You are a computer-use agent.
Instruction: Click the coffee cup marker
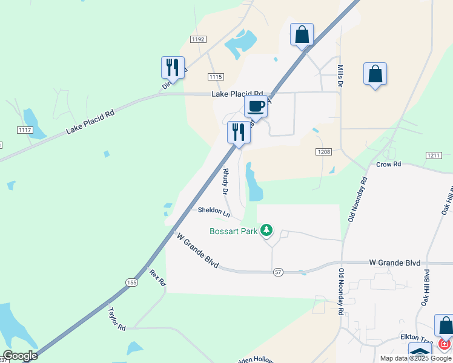pos(256,107)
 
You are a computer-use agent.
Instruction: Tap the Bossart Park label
pos(233,231)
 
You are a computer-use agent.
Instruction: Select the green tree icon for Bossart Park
pos(266,230)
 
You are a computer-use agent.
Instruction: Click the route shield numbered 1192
pos(197,39)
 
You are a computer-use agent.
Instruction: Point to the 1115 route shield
pos(215,76)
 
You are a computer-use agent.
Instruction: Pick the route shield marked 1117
pos(25,130)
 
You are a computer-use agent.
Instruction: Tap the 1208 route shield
pos(323,152)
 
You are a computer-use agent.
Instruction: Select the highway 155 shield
pos(132,283)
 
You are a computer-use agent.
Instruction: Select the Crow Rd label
pos(388,165)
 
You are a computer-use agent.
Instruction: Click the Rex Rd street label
pos(157,278)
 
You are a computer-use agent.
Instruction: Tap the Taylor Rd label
pos(116,319)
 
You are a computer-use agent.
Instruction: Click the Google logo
pos(20,356)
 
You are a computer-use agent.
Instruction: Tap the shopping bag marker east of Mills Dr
pos(375,74)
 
